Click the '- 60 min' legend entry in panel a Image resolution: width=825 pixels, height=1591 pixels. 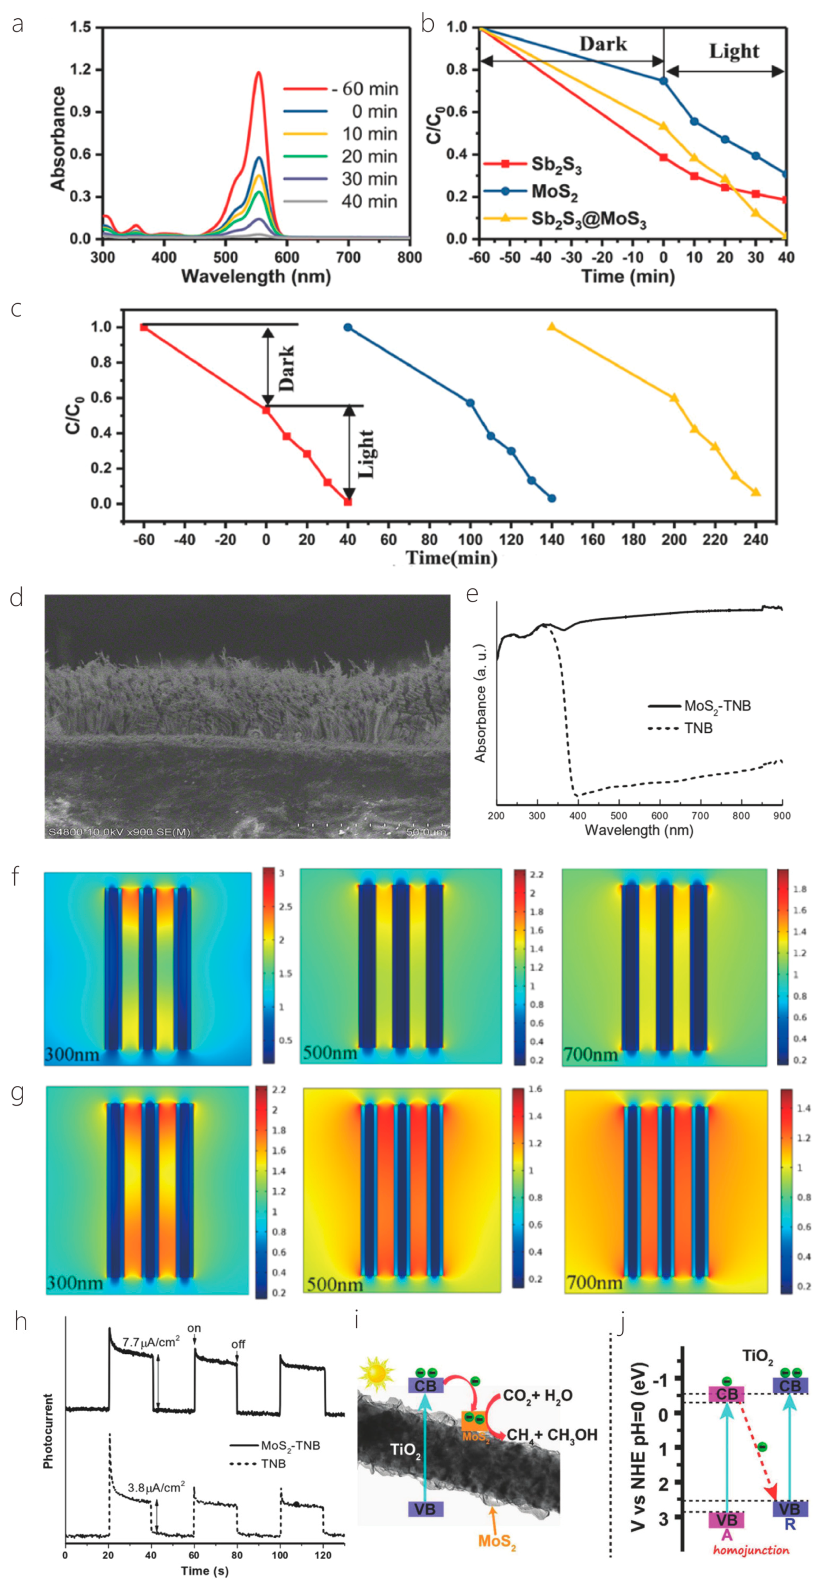click(364, 89)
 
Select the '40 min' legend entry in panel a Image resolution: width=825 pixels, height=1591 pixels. click(369, 201)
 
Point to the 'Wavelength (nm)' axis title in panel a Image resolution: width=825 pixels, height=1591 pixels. click(256, 276)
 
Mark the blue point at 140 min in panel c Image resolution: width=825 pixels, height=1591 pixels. click(552, 498)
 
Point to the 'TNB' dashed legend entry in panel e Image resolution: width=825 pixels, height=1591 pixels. click(698, 728)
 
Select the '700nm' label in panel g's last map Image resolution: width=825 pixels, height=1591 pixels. click(594, 1283)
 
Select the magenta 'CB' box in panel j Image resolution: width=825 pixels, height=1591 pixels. click(726, 1395)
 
